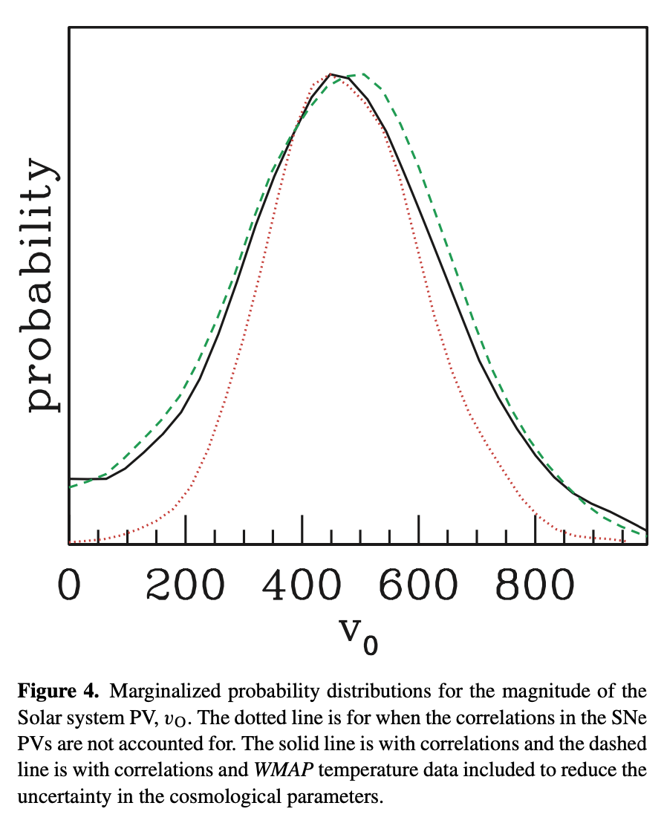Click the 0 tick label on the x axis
point(68,585)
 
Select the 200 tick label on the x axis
point(185,585)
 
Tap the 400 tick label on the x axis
point(302,585)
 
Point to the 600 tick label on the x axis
point(418,585)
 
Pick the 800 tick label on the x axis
point(535,585)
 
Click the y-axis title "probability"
point(42,286)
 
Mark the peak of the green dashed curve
point(362,75)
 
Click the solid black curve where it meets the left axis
point(70,478)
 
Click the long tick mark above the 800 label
point(535,529)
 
